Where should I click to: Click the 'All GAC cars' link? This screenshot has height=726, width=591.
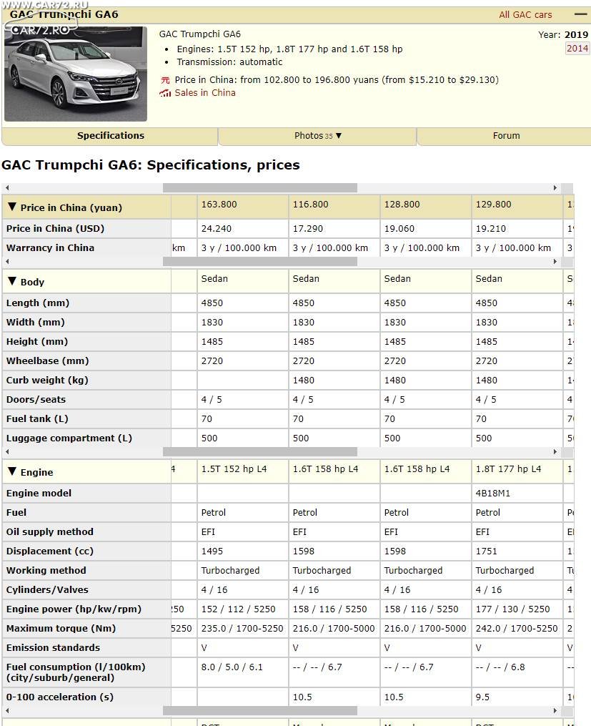click(525, 14)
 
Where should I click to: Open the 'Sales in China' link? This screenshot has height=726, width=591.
click(204, 93)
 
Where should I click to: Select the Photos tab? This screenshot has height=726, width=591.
click(317, 136)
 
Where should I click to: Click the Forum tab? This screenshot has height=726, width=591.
click(506, 136)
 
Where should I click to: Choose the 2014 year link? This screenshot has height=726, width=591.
click(577, 49)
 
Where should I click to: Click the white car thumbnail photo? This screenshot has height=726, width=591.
click(76, 74)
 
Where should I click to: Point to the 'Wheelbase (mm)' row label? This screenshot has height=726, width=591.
click(47, 361)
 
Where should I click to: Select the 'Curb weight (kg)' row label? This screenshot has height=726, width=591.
click(47, 381)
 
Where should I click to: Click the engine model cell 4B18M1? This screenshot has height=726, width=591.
click(493, 494)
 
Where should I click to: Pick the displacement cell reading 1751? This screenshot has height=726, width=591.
click(487, 551)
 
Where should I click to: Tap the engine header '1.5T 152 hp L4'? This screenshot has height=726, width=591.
click(234, 469)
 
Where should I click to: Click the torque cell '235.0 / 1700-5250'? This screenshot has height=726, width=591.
click(242, 629)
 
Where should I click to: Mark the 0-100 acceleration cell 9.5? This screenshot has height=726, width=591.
click(482, 697)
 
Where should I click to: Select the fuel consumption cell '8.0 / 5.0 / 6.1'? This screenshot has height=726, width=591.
click(232, 667)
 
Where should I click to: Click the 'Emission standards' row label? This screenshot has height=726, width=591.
click(53, 648)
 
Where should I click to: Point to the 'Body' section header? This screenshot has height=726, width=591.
click(32, 282)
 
